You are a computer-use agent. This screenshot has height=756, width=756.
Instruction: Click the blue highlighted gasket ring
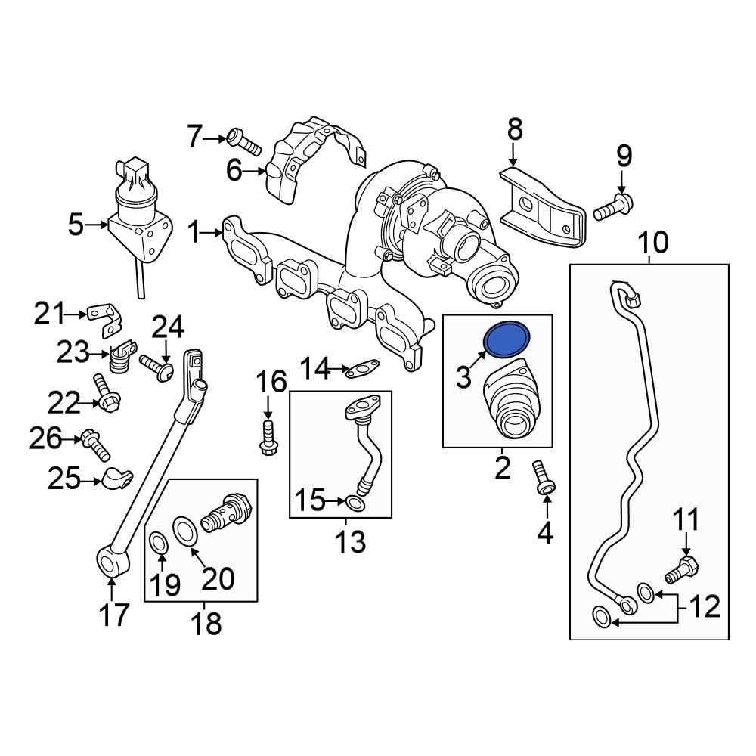pos(507,339)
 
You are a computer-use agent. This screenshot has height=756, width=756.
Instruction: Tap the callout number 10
pos(652,244)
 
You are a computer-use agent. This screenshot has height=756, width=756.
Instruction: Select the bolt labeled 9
pos(612,207)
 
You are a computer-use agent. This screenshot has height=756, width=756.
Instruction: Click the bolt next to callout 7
pos(243,141)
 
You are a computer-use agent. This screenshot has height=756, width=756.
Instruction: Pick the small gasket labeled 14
pos(362,370)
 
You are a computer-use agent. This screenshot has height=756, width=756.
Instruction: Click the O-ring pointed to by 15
pos(356,503)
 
